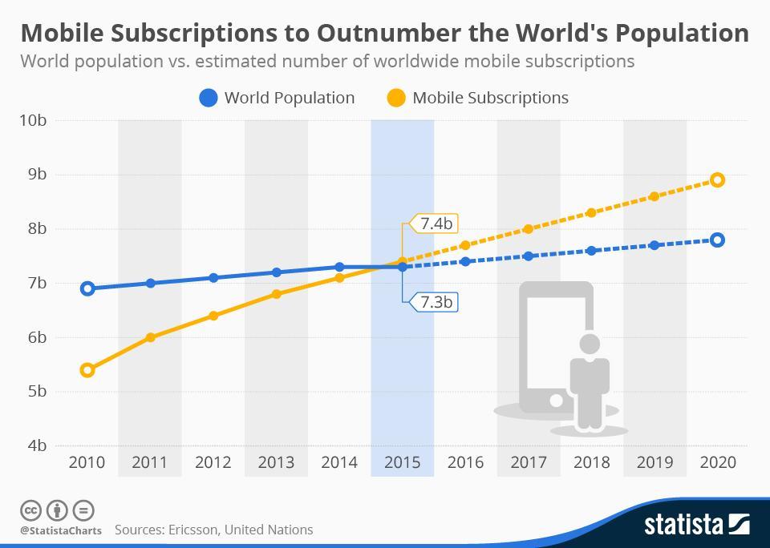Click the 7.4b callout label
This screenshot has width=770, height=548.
coord(435,224)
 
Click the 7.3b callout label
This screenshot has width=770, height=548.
coord(435,302)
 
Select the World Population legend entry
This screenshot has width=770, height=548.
coord(277,98)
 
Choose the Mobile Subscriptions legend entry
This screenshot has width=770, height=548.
coord(478,98)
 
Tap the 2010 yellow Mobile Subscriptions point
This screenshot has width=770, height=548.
coord(87,369)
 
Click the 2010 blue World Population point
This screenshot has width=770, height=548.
coord(87,288)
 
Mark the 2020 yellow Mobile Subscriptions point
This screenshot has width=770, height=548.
coord(717,180)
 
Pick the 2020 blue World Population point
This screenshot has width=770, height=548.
coord(717,240)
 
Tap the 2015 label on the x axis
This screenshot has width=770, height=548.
coord(402,462)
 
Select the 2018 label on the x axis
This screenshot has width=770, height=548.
coord(591,462)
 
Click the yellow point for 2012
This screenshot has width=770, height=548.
coord(213,316)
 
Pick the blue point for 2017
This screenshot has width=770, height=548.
coord(528,256)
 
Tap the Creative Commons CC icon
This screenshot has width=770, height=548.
coord(30,510)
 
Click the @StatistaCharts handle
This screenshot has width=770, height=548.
coord(61,530)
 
